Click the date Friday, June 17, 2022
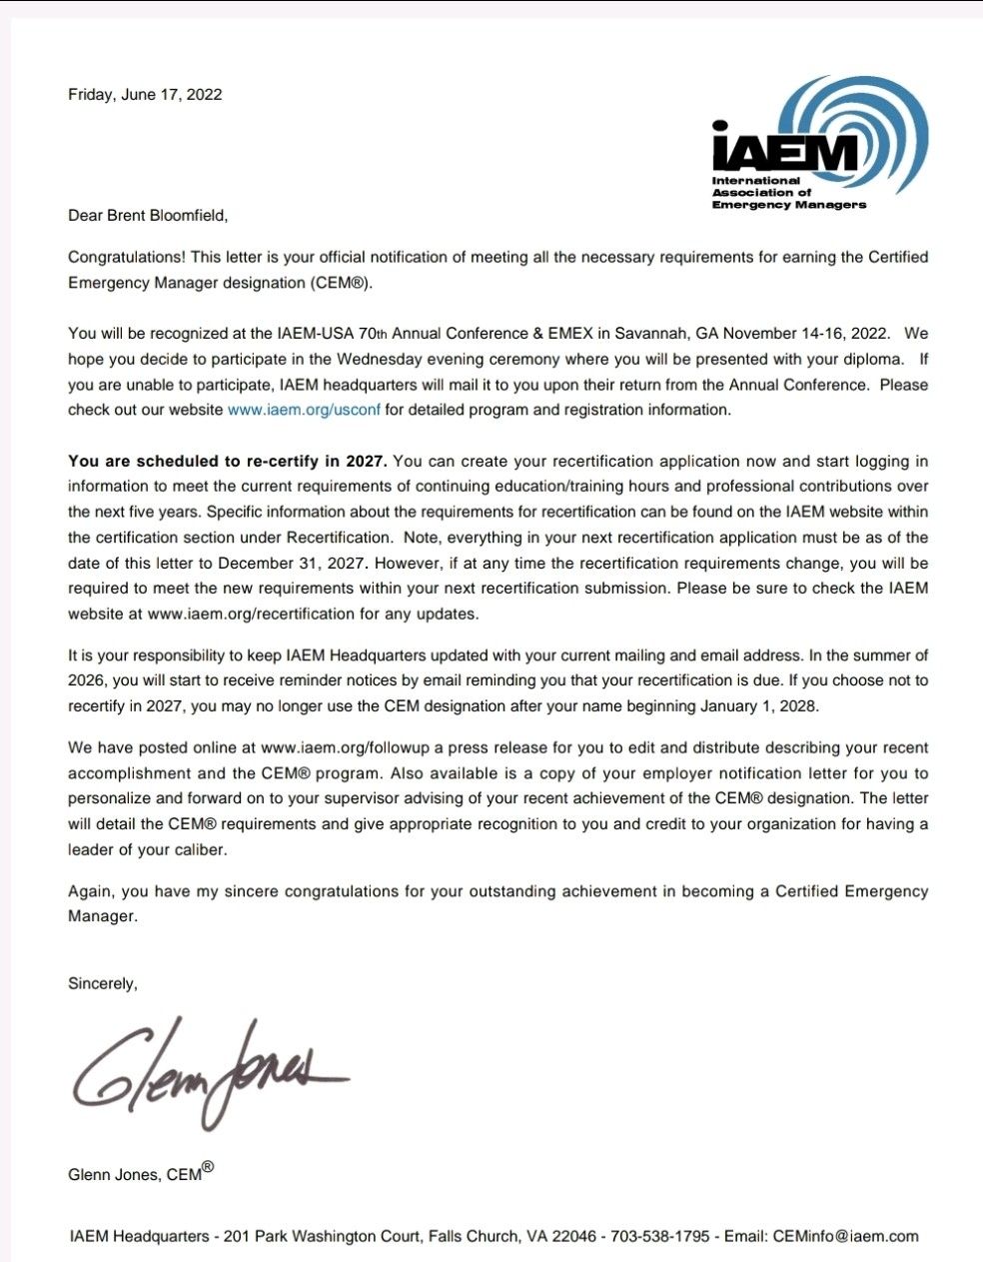(145, 95)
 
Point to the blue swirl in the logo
(879, 120)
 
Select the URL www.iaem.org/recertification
(251, 614)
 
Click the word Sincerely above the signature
(102, 983)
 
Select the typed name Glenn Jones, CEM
(136, 1174)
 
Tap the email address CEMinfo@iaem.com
(845, 1236)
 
